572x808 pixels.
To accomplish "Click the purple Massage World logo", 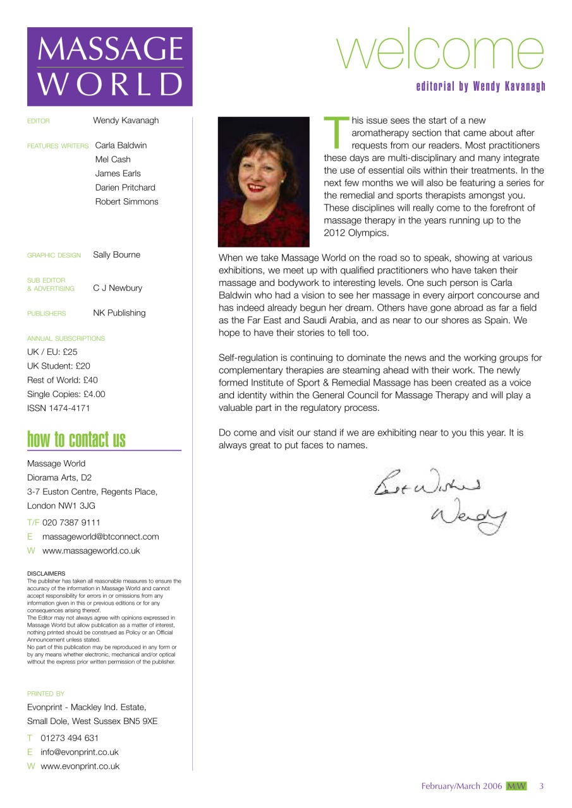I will (109, 66).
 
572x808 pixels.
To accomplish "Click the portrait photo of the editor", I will (264, 182).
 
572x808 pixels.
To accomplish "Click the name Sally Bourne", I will (117, 255).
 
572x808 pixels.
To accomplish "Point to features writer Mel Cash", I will (113, 160).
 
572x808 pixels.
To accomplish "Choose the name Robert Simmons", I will (126, 202).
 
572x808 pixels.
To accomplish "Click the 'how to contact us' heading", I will (76, 439).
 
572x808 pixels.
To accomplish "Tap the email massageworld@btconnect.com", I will (100, 537).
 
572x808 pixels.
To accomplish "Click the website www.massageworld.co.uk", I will (91, 550).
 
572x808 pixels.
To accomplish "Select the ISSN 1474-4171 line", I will (59, 408).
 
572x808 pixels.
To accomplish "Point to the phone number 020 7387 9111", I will (71, 523).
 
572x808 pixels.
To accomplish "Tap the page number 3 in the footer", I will (542, 786).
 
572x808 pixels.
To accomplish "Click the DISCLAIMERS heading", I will (46, 574).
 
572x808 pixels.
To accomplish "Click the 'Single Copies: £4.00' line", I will (66, 394).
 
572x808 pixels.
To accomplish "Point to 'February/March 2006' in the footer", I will (461, 786).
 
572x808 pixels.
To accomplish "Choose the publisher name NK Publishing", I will (119, 313).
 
